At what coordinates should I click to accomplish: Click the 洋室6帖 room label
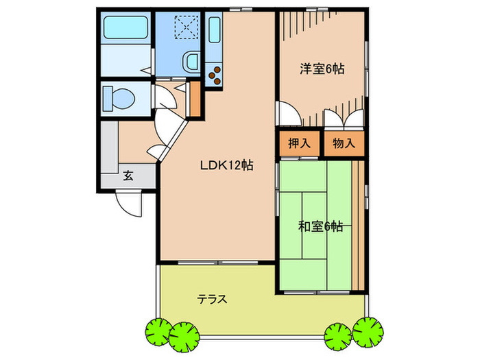321,69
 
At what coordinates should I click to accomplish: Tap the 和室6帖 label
320,226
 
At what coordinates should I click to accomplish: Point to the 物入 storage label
343,144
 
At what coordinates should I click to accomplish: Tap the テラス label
213,300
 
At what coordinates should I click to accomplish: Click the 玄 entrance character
128,176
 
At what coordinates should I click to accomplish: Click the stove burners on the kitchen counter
214,73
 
